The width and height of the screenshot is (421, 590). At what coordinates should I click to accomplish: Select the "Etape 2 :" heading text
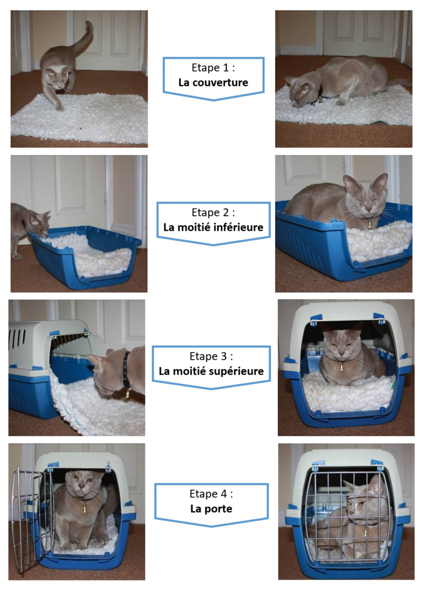pyautogui.click(x=213, y=212)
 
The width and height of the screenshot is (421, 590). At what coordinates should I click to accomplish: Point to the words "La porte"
pyautogui.click(x=211, y=509)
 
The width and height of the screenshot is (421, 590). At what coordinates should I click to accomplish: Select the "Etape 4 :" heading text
pyautogui.click(x=211, y=494)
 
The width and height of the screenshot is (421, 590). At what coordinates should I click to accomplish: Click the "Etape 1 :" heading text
pyautogui.click(x=213, y=68)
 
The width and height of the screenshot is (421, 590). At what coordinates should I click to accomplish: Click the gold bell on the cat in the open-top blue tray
pyautogui.click(x=370, y=224)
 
